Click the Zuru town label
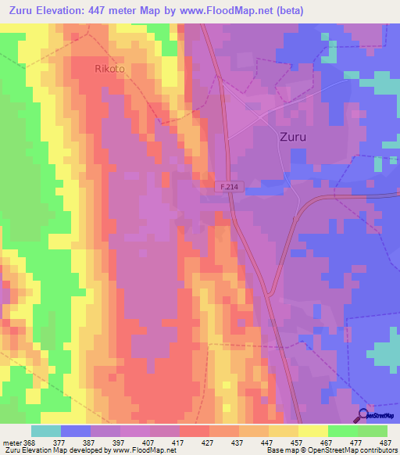tap(293, 136)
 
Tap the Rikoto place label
tap(110, 68)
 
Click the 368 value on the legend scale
tap(29, 442)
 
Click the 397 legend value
tap(120, 442)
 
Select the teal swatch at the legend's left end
tap(46, 431)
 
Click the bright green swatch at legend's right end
tap(373, 431)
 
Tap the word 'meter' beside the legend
tap(10, 442)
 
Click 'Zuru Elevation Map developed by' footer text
tap(55, 450)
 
